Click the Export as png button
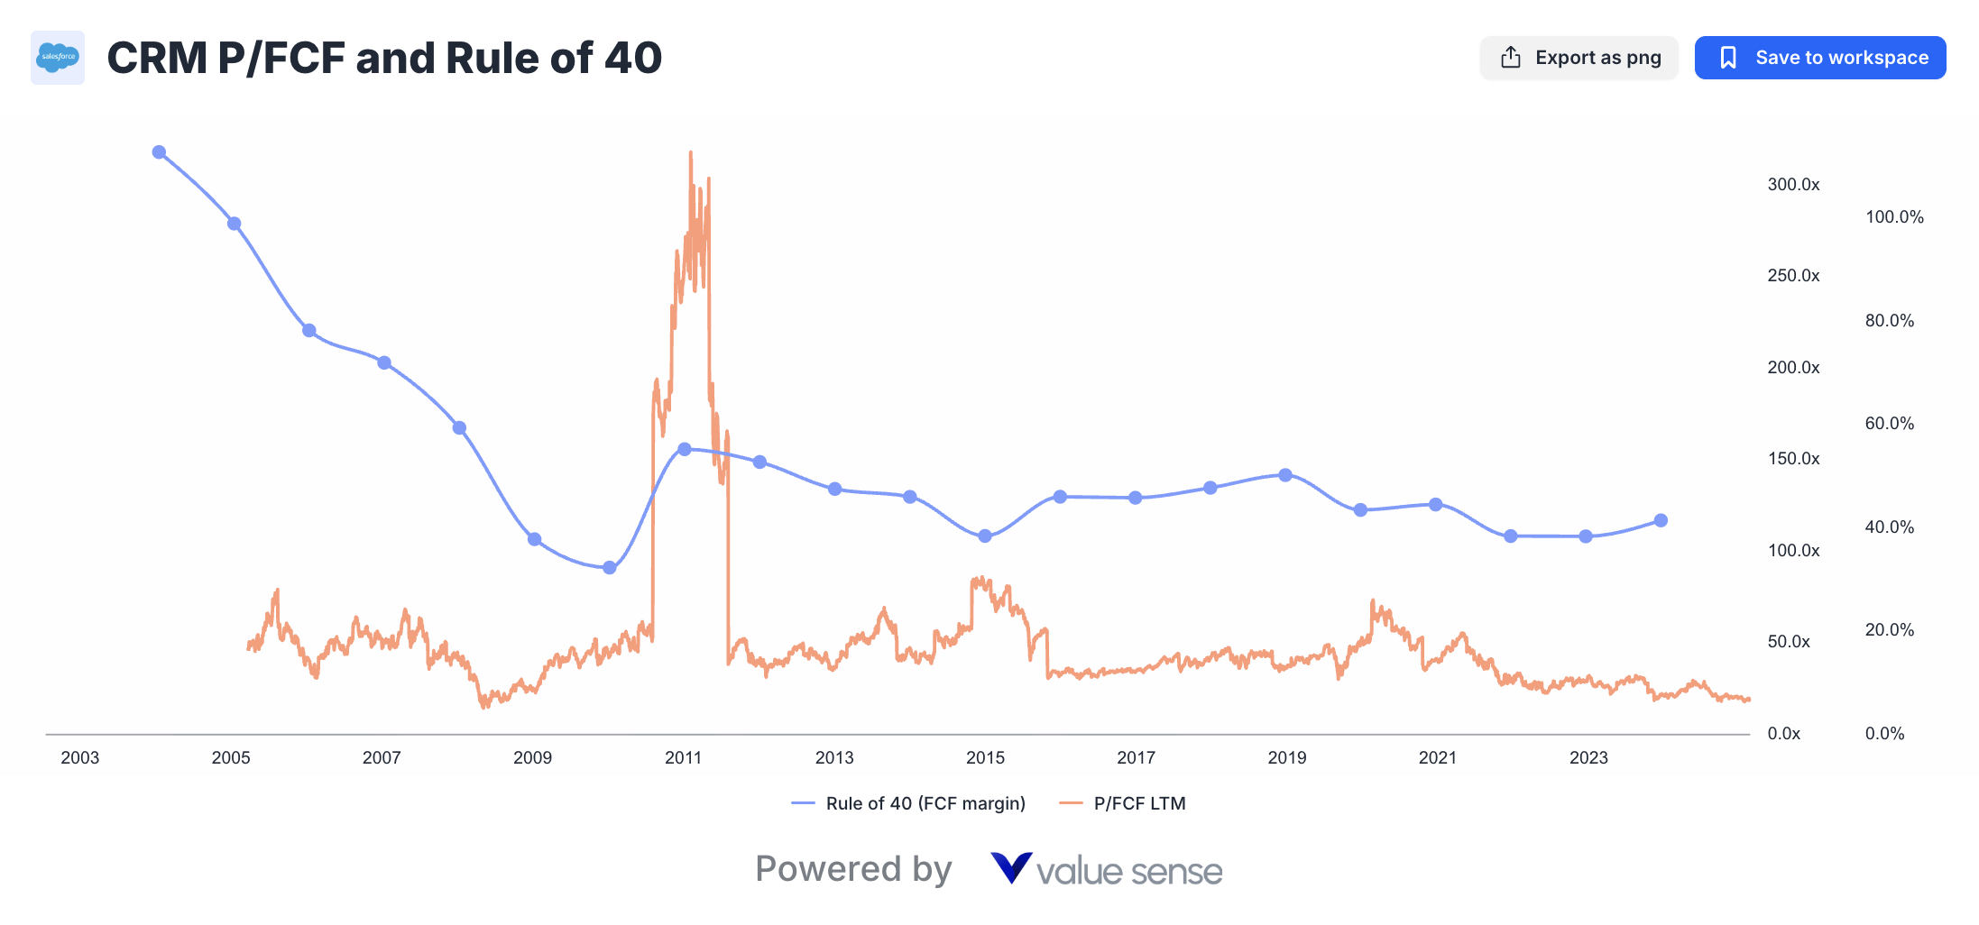pyautogui.click(x=1579, y=58)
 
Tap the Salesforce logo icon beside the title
pyautogui.click(x=58, y=58)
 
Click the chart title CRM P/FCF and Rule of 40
pyautogui.click(x=384, y=58)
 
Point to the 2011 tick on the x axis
pyautogui.click(x=683, y=757)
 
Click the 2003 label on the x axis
pyautogui.click(x=79, y=757)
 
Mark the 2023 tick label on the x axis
pyautogui.click(x=1588, y=757)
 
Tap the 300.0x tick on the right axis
pyautogui.click(x=1793, y=184)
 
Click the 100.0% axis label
pyautogui.click(x=1894, y=216)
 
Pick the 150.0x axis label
pyautogui.click(x=1793, y=458)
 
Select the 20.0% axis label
pyautogui.click(x=1889, y=629)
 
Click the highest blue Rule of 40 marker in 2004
pyautogui.click(x=159, y=152)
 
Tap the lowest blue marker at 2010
pyautogui.click(x=610, y=568)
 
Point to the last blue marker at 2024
pyautogui.click(x=1661, y=520)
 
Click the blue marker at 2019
pyautogui.click(x=1285, y=475)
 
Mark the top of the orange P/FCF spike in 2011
pyautogui.click(x=691, y=153)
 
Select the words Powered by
pyautogui.click(x=853, y=869)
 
